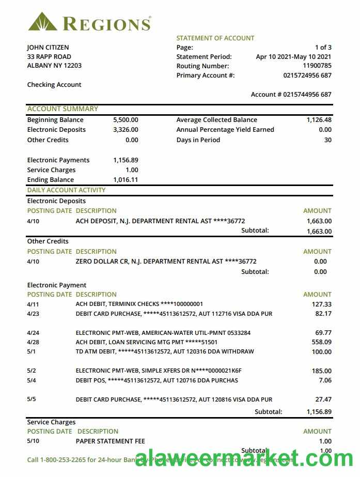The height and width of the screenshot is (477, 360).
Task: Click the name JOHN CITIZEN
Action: [48, 48]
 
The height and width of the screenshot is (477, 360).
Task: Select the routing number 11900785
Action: [317, 66]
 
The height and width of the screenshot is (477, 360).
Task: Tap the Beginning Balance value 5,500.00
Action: [126, 120]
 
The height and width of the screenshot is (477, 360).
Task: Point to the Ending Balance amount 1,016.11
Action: [126, 180]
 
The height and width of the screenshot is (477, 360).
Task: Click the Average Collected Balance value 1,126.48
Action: [319, 120]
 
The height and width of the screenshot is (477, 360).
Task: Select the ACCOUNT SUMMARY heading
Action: [62, 109]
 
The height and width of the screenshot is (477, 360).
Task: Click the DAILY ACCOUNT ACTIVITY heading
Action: [66, 190]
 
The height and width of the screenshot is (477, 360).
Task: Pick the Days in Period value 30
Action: [327, 140]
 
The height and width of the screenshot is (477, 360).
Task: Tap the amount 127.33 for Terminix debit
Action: [322, 304]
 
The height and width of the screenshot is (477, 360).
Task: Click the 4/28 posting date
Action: [33, 342]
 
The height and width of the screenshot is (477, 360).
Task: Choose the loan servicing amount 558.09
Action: [322, 342]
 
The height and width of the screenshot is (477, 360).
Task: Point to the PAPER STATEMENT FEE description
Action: [111, 441]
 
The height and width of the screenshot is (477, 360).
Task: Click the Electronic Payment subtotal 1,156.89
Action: [318, 412]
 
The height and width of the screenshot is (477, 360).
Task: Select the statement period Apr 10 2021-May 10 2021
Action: [293, 57]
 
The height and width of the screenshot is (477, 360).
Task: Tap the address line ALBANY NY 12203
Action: [54, 66]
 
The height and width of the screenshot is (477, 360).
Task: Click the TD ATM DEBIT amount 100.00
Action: [322, 352]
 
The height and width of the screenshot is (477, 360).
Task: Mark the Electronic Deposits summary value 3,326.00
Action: [126, 130]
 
